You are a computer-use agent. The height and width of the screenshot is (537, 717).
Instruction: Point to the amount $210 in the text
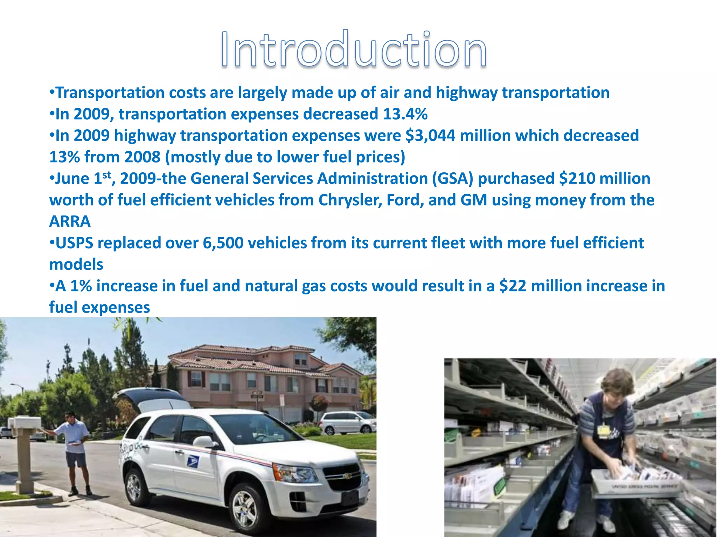[577, 179]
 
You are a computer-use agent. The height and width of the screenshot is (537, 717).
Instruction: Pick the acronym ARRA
[70, 222]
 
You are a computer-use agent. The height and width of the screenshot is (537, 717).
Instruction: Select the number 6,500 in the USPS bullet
[223, 243]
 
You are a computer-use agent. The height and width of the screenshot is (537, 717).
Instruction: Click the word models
[76, 265]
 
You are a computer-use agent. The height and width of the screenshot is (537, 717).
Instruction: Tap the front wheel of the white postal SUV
[244, 507]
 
